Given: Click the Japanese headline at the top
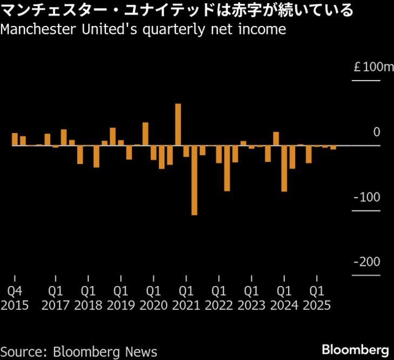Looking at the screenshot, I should (177, 10).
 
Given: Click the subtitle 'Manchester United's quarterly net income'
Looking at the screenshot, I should (143, 29).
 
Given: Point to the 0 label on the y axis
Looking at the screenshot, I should (376, 132).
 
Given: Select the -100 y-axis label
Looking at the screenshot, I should (367, 197).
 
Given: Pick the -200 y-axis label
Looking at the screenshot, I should (367, 262).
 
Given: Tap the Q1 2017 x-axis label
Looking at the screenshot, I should (55, 298).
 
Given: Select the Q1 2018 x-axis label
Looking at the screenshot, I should (88, 298).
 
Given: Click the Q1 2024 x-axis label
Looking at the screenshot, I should (284, 298).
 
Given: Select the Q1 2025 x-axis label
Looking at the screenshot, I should (316, 298).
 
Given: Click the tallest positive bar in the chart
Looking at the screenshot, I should (178, 124).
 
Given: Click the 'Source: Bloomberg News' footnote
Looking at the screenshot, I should (79, 351).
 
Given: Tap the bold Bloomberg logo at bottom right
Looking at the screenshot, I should (355, 349).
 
